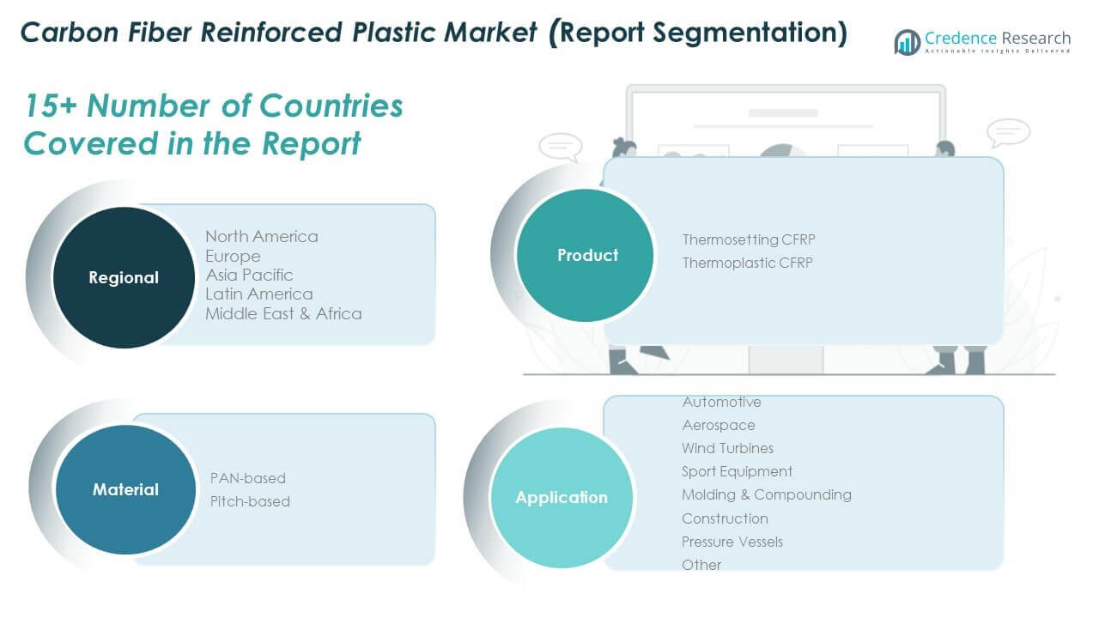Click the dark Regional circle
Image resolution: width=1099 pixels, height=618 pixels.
pos(124,277)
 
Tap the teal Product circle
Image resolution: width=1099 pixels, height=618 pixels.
pos(587,255)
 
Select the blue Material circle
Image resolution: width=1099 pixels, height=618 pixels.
pos(125,489)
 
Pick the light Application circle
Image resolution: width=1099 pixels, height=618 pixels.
pos(561,497)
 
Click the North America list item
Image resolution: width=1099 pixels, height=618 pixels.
pos(261,236)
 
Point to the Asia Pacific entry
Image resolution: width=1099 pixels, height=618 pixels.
pos(249,275)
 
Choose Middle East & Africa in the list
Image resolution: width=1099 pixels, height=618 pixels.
pos(283,313)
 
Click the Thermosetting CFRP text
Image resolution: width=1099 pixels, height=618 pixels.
pos(747,239)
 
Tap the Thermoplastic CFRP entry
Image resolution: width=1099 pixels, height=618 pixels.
pos(747,263)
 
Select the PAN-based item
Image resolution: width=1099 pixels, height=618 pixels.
pos(248,478)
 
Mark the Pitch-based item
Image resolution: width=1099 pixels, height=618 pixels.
pos(250,501)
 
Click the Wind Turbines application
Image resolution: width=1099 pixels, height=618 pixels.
pos(727,448)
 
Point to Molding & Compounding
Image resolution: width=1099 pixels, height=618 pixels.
pos(766,494)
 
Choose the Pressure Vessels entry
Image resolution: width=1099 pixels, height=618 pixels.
pos(732,542)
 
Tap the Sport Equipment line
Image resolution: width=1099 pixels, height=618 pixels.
pos(737,471)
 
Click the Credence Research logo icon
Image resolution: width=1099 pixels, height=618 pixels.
pos(907,42)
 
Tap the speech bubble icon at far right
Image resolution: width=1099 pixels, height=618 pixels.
pos(1008,133)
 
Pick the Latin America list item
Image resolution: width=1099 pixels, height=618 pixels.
pos(258,294)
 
